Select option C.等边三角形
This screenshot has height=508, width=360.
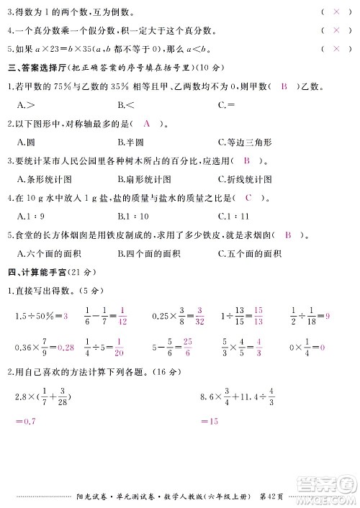(x=245, y=142)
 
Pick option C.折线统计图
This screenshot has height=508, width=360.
(x=245, y=178)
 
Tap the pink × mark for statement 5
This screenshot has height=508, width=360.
(x=336, y=48)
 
